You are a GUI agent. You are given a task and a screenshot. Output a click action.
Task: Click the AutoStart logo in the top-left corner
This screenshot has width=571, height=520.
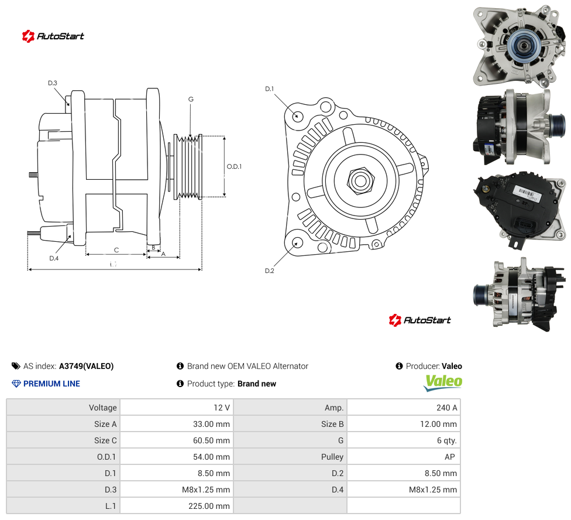coord(53,36)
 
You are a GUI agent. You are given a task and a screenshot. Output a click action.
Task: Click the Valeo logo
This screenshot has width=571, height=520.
coord(443,382)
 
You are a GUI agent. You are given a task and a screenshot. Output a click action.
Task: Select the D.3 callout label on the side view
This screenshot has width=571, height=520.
coord(53,83)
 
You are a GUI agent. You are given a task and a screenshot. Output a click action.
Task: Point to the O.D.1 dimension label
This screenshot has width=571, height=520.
coord(234,166)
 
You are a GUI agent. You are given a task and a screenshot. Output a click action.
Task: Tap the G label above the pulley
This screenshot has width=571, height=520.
coord(191,99)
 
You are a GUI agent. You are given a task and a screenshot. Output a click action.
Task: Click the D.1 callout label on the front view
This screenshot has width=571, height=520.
coord(270,89)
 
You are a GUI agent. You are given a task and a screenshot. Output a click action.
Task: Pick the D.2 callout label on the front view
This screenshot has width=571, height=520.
coord(270,271)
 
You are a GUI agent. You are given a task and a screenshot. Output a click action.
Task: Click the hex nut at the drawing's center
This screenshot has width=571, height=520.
coord(360,181)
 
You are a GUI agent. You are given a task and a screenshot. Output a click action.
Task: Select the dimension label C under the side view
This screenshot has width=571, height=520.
coord(116,250)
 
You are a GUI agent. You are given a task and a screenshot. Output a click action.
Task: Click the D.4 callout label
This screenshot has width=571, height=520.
coord(54,258)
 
